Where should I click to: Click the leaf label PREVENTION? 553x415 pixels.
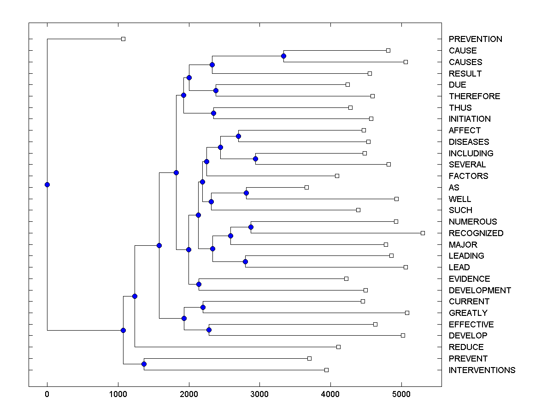475,39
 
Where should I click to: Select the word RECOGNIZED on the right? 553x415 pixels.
476,233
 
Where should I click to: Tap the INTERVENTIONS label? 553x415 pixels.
482,370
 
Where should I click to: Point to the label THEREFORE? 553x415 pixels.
474,96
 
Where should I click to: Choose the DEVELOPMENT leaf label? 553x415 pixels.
480,290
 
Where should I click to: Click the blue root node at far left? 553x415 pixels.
47,184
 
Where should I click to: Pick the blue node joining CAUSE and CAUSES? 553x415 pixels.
283,56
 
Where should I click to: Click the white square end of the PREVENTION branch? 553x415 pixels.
123,39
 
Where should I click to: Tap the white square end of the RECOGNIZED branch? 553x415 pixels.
423,233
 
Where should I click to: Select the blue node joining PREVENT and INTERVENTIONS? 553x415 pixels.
144,364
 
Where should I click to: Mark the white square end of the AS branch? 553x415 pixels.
306,187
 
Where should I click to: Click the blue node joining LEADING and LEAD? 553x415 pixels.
245,261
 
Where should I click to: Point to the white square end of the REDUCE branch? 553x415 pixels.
338,347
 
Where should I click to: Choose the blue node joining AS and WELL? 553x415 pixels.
246,193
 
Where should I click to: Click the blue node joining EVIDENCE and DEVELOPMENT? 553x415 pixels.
199,284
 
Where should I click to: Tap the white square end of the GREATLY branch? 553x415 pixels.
407,313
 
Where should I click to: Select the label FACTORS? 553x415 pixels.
468,176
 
